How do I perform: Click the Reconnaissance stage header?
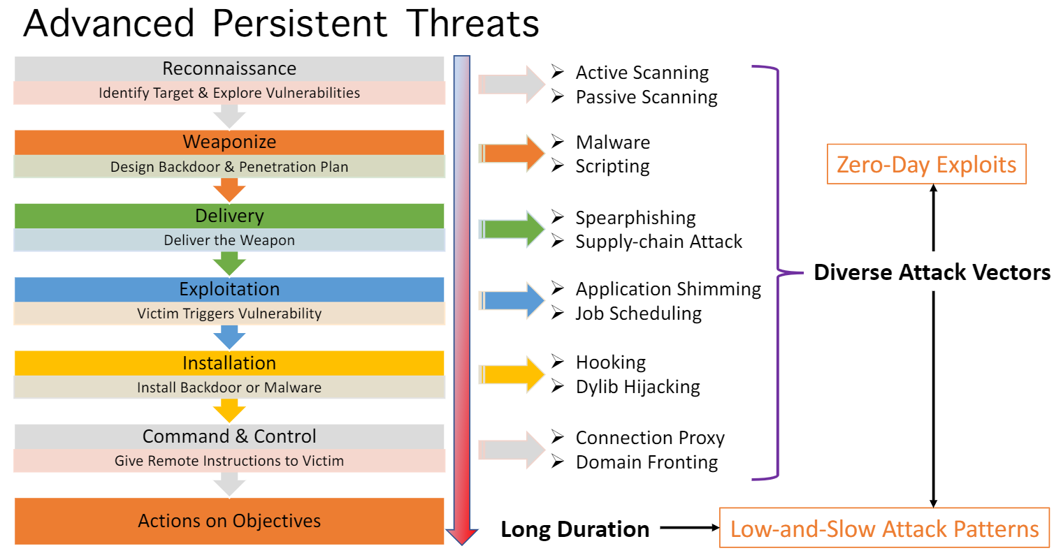click(x=229, y=68)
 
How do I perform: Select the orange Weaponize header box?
click(x=229, y=142)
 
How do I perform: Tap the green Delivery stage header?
click(x=229, y=216)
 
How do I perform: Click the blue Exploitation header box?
click(x=229, y=289)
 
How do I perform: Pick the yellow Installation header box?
click(x=229, y=363)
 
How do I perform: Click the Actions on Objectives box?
click(x=229, y=521)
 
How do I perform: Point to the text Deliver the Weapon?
click(x=229, y=240)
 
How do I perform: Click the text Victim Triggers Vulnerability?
click(x=229, y=314)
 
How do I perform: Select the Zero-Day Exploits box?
click(x=926, y=165)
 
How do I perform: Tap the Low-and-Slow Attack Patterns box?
click(x=884, y=529)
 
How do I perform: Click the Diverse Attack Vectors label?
click(x=932, y=273)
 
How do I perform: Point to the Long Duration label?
click(x=575, y=529)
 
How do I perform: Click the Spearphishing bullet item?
click(x=635, y=218)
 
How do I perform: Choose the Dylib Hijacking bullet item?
click(x=637, y=387)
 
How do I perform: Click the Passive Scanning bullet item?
click(x=646, y=97)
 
